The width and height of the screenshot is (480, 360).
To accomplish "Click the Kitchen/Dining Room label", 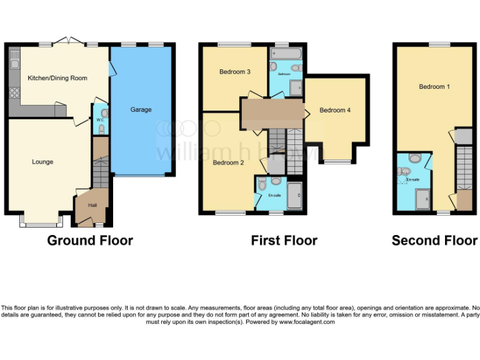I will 57,78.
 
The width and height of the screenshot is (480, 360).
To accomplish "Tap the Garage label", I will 141,110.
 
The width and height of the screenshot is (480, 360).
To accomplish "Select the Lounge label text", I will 42,162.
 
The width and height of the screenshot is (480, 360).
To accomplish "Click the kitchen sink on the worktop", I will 14,62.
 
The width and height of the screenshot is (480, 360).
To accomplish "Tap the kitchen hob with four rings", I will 14,94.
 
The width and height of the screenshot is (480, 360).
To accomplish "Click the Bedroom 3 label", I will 234,72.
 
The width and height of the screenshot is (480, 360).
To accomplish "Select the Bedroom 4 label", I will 335,111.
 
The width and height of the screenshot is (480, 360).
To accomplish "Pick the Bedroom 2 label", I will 227,163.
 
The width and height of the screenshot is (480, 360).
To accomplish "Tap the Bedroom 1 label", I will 434,87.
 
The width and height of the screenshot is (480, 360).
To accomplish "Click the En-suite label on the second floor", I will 412,179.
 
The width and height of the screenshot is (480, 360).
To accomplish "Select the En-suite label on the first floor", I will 274,196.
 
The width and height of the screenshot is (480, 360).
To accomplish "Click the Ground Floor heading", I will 90,241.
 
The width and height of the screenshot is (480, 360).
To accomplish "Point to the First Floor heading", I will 284,241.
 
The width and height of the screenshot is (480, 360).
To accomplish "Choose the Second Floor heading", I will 434,241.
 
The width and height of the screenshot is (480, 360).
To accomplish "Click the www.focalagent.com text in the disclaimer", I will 307,322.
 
